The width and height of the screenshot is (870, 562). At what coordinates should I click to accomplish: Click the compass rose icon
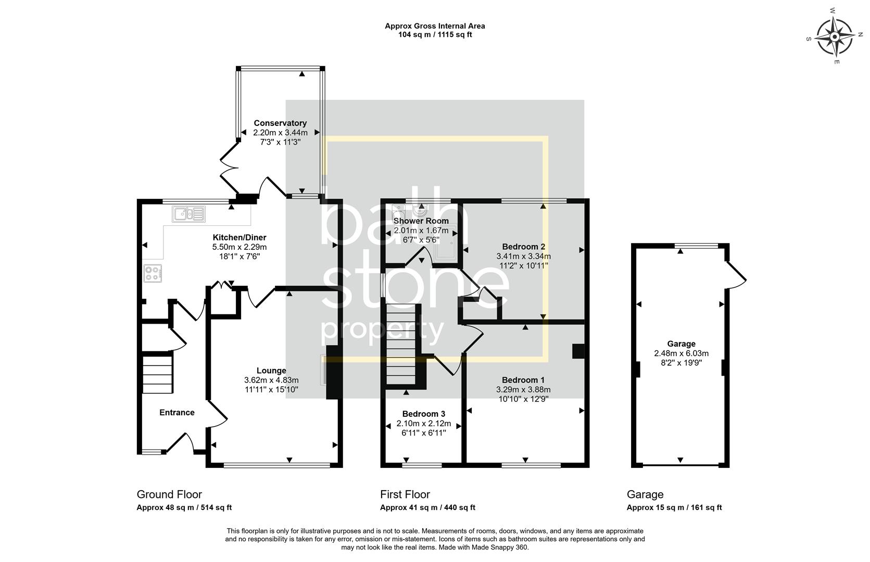click(834, 37)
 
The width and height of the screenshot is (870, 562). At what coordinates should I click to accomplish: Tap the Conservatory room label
click(280, 123)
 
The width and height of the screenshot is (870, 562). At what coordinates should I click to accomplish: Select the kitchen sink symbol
click(188, 214)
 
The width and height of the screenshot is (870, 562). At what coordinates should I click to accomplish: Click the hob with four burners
click(153, 273)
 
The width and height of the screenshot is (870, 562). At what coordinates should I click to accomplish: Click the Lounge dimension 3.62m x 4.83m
click(271, 380)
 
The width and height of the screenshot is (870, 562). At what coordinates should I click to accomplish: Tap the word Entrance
click(176, 413)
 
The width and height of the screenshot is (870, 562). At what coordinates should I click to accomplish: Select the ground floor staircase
click(157, 374)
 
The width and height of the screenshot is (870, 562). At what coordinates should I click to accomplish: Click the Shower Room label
click(421, 221)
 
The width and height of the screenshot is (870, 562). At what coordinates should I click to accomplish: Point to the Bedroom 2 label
click(523, 247)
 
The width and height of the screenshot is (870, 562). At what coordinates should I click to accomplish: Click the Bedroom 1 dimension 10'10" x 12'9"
click(523, 399)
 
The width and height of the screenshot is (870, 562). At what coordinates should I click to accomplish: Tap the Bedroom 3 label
click(423, 414)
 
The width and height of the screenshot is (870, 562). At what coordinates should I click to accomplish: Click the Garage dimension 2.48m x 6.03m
click(681, 353)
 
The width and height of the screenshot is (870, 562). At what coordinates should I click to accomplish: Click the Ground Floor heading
click(169, 494)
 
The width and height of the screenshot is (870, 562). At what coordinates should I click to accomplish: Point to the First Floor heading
click(405, 494)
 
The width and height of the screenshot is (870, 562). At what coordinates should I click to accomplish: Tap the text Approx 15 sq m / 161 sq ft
click(674, 508)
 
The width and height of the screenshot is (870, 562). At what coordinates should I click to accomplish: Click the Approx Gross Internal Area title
click(435, 25)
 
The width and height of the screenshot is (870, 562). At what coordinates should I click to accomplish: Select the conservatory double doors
click(228, 168)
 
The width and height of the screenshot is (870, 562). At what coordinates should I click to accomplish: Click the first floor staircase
click(403, 343)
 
